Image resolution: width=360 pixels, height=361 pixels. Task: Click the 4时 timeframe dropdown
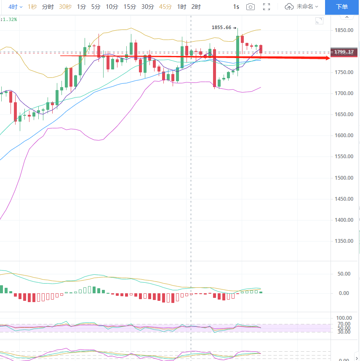16,7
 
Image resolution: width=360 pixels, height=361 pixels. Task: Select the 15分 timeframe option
130,7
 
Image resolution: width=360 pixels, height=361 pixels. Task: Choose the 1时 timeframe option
181,7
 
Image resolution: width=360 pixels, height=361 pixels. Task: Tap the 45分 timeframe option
166,7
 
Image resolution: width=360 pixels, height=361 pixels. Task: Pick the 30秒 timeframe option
65,7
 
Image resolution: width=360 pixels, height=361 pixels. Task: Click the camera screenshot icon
251,7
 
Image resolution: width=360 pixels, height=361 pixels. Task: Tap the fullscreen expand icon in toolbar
267,7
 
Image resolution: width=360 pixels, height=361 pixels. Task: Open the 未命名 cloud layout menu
301,7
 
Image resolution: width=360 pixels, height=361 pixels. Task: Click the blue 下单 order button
342,7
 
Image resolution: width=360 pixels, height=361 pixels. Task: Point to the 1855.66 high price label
221,28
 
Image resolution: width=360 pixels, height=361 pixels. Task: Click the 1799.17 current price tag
345,52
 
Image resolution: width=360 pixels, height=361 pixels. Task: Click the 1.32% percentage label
9,19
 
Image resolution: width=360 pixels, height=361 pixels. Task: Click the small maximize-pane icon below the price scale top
319,21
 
